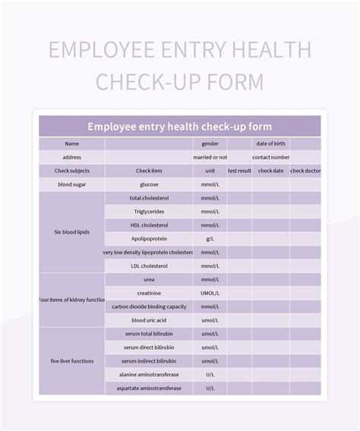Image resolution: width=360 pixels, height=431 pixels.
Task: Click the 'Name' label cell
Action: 72,143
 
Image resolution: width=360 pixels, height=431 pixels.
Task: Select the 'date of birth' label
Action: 271,143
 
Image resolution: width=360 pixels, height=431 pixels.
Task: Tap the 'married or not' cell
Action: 210,157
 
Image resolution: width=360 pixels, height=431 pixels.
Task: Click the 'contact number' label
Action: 271,157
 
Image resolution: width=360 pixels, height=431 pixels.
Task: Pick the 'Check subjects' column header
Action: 72,171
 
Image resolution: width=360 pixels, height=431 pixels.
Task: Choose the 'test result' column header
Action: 239,171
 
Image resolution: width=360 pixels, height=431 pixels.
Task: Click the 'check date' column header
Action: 271,171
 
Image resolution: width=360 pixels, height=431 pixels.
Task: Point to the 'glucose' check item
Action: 149,184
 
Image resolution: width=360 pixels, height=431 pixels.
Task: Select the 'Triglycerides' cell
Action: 149,212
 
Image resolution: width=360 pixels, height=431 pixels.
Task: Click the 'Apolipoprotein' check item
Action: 149,239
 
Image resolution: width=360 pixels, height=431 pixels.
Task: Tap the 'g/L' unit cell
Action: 210,239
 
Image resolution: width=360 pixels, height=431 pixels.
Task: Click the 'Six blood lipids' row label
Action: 72,232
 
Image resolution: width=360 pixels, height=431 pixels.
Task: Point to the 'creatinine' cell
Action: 149,293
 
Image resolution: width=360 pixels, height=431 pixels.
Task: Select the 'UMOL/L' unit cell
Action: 210,293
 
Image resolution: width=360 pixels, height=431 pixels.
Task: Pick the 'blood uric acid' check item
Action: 149,320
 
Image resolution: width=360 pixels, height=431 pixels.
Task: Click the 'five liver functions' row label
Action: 72,361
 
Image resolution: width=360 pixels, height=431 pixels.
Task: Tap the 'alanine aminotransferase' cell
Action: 149,375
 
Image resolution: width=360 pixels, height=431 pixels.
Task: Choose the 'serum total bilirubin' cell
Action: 149,334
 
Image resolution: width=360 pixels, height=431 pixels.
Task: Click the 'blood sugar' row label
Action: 72,184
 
